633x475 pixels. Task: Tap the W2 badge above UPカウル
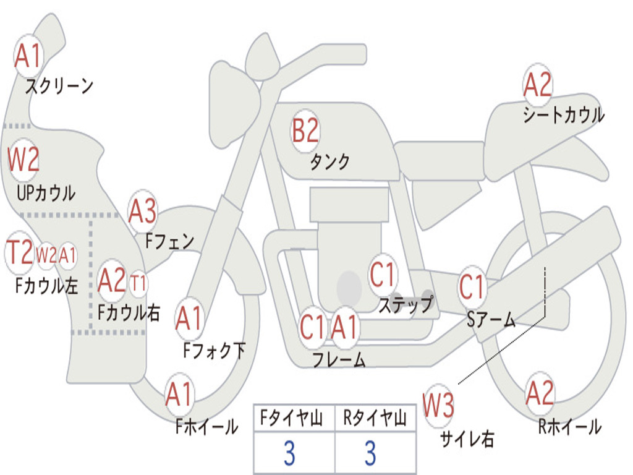[23, 160]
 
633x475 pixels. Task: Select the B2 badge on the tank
[305, 132]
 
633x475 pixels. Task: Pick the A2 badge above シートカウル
[537, 85]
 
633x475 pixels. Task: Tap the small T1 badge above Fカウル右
[138, 283]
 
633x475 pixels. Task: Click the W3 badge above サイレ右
[438, 406]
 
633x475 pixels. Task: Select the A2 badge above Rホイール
[540, 394]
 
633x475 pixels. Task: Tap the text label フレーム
[339, 359]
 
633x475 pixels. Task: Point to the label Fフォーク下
[214, 351]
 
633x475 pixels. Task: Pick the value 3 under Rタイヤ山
[370, 454]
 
